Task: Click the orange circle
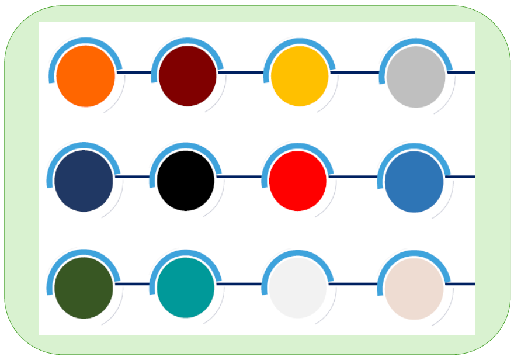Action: pos(86,76)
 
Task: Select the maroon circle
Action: pos(187,76)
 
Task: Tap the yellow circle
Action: pos(300,76)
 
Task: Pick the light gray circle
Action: pos(415,77)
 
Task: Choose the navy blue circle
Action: pos(84,181)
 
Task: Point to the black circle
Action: pos(186,181)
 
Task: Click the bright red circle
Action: pos(298,181)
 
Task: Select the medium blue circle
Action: pos(414,182)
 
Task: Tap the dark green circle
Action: pos(84,288)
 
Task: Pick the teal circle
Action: pos(186,288)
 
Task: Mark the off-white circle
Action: pos(298,288)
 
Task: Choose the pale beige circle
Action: pos(414,289)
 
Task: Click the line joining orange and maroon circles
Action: pos(135,72)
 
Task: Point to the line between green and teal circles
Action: pos(134,284)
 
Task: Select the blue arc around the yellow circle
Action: pos(300,41)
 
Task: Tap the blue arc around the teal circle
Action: pos(186,253)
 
